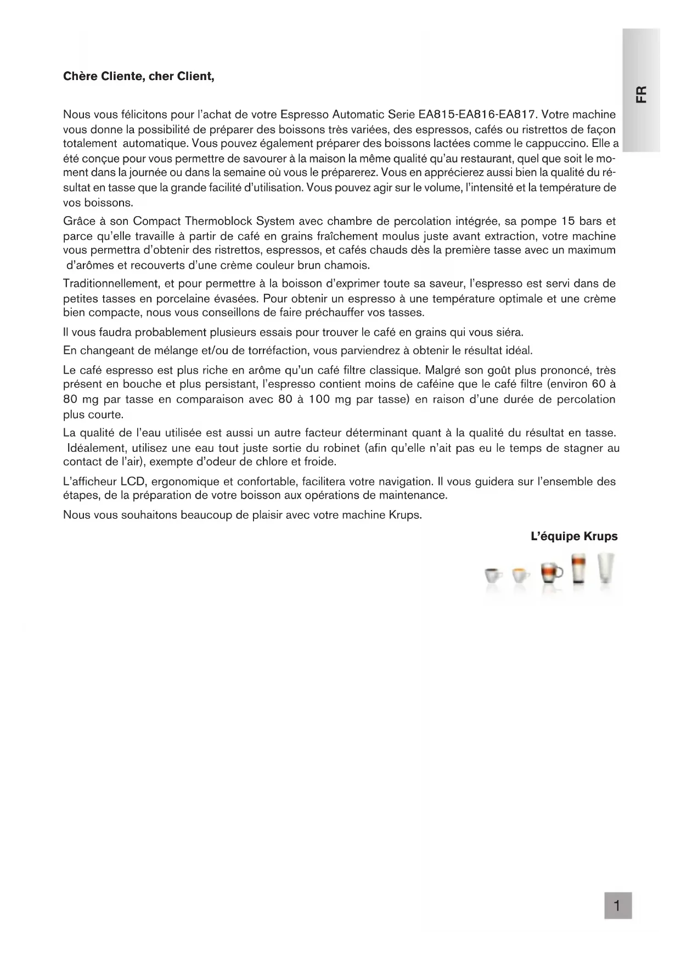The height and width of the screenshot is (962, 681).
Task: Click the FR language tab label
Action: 641,94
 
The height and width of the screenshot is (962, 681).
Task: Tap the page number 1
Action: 618,906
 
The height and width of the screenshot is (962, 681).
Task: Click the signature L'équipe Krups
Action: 574,536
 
